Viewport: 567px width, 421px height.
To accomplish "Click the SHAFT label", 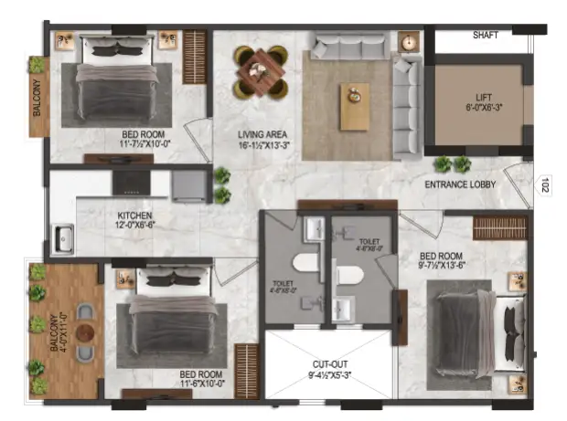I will click(x=485, y=36).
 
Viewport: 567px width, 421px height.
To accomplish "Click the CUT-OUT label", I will click(x=331, y=363).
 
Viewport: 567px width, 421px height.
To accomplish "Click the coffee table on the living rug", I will click(x=352, y=106).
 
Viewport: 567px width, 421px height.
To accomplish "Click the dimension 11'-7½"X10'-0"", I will click(x=152, y=143).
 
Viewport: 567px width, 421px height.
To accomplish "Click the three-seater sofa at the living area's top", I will click(x=347, y=47).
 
